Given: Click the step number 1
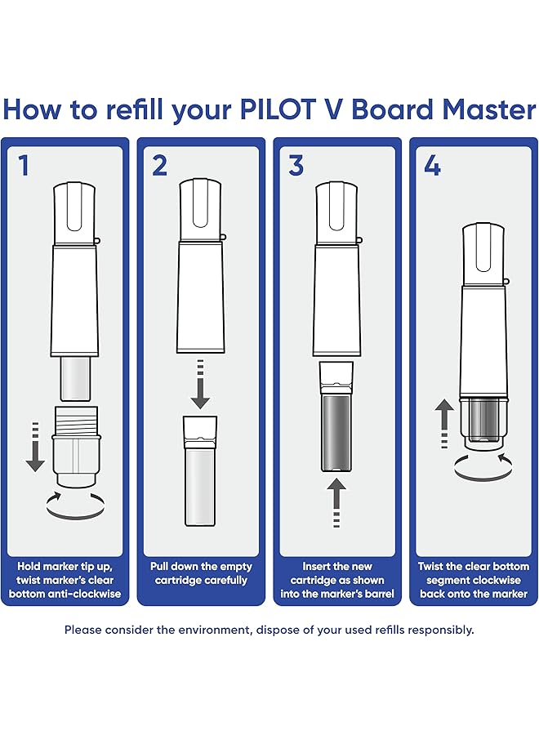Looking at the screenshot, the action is [x=24, y=166].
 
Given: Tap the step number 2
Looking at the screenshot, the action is [x=159, y=166].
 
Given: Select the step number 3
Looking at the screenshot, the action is [x=296, y=166].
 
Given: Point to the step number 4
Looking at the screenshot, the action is [x=432, y=166].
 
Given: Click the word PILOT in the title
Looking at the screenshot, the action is [x=278, y=109].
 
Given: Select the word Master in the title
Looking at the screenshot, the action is [x=489, y=109].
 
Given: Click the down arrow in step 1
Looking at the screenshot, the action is [x=35, y=447].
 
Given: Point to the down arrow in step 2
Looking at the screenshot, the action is [x=200, y=385].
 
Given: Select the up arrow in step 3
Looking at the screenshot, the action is [x=336, y=503].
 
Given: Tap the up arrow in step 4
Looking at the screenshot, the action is [x=444, y=424].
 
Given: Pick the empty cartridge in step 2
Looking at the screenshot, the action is [x=200, y=470].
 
